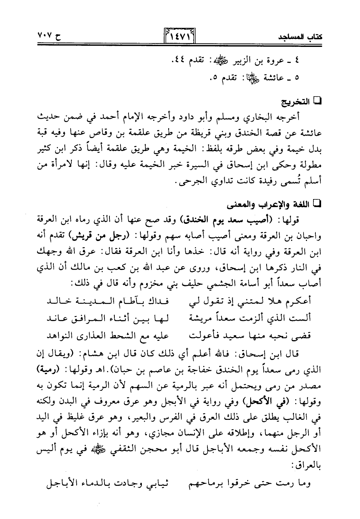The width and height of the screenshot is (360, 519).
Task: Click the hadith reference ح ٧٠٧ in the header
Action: pos(50,37)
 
